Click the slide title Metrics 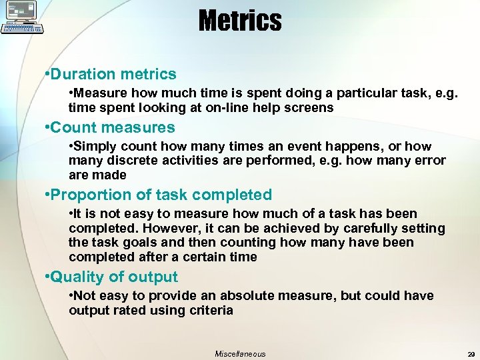point(240,21)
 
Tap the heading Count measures point(109,127)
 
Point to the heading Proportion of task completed point(158,195)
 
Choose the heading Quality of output point(111,277)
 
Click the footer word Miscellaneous point(240,354)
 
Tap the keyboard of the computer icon point(23,29)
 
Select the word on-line point(226,107)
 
